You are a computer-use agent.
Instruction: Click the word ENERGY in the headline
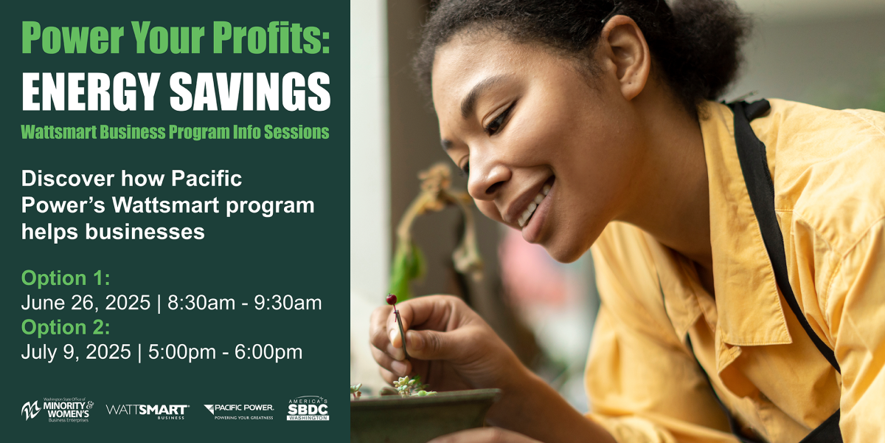click(91, 92)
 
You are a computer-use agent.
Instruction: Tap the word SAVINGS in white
click(251, 92)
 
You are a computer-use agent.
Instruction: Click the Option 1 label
click(66, 278)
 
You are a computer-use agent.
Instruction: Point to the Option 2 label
click(66, 327)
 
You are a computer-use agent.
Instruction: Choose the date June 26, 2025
click(86, 303)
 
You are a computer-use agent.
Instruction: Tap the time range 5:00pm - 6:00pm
click(225, 351)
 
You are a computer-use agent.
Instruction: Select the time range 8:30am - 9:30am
click(245, 303)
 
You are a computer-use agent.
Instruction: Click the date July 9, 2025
click(76, 352)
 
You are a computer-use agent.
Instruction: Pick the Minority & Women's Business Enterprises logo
click(58, 411)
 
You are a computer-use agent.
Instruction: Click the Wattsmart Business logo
click(147, 411)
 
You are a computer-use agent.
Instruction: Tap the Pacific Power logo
click(239, 411)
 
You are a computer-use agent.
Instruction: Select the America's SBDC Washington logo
click(308, 408)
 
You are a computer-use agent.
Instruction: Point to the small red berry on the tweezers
click(391, 299)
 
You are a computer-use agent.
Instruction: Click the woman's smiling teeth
click(534, 206)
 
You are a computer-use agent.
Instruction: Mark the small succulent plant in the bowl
click(411, 386)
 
